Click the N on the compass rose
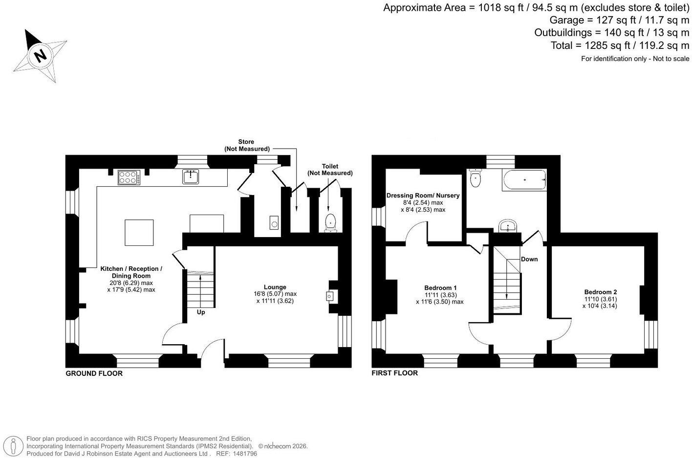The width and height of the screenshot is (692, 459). (40, 56)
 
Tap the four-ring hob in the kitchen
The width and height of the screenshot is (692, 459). (129, 177)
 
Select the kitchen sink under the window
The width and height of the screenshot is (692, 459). (190, 176)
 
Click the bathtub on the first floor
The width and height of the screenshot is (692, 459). (524, 180)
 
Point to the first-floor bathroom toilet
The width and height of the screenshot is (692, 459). (475, 178)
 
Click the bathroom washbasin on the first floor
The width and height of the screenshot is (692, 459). (508, 226)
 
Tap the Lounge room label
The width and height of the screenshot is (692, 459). (275, 287)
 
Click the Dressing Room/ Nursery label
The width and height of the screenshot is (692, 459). (423, 196)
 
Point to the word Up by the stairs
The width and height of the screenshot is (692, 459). (201, 312)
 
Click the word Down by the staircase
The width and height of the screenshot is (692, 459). (529, 259)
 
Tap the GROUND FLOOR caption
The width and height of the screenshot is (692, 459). (94, 373)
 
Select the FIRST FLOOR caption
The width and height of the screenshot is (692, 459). (394, 373)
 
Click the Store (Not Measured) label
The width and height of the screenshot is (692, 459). (246, 145)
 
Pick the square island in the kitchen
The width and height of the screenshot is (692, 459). (139, 233)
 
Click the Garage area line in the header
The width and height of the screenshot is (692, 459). (619, 20)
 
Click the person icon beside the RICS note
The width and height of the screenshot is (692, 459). (13, 446)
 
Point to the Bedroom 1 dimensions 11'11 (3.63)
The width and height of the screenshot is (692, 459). (440, 295)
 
